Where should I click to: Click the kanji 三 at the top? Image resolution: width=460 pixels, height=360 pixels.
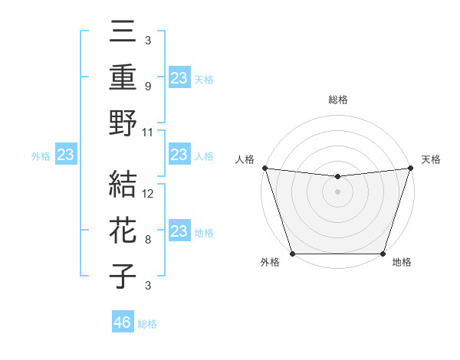pyautogui.click(x=123, y=33)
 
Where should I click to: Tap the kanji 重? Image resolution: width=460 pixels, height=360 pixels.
pyautogui.click(x=123, y=77)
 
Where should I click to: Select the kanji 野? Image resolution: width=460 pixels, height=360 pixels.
pyautogui.click(x=123, y=123)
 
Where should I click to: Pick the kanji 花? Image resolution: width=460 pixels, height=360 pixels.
pyautogui.click(x=123, y=231)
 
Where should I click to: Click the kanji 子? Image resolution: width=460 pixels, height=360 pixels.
pyautogui.click(x=123, y=276)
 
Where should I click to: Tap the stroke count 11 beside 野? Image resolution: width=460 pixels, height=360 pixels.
pyautogui.click(x=149, y=132)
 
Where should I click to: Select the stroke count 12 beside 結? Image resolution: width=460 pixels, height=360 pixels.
pyautogui.click(x=149, y=194)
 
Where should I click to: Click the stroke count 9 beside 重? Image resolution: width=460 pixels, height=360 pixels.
pyautogui.click(x=147, y=87)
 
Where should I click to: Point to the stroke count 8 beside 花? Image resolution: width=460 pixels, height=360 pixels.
pyautogui.click(x=147, y=240)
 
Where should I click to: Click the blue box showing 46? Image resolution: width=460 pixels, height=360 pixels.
pyautogui.click(x=123, y=322)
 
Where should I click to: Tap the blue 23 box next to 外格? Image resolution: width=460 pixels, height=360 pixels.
pyautogui.click(x=66, y=155)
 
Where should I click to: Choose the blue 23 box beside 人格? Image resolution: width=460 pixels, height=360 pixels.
pyautogui.click(x=179, y=155)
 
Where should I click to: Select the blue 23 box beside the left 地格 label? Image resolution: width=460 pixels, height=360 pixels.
pyautogui.click(x=179, y=231)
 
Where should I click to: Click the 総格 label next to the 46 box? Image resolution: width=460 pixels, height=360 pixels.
pyautogui.click(x=147, y=324)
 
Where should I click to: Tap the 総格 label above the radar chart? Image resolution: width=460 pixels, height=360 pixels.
pyautogui.click(x=337, y=100)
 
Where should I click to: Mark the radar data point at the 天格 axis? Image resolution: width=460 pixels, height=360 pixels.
pyautogui.click(x=410, y=168)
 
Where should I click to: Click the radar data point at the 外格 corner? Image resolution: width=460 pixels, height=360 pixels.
pyautogui.click(x=292, y=254)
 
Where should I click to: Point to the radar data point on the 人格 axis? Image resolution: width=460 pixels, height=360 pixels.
pyautogui.click(x=264, y=168)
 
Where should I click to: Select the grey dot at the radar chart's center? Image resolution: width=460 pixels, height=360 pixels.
pyautogui.click(x=337, y=191)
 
